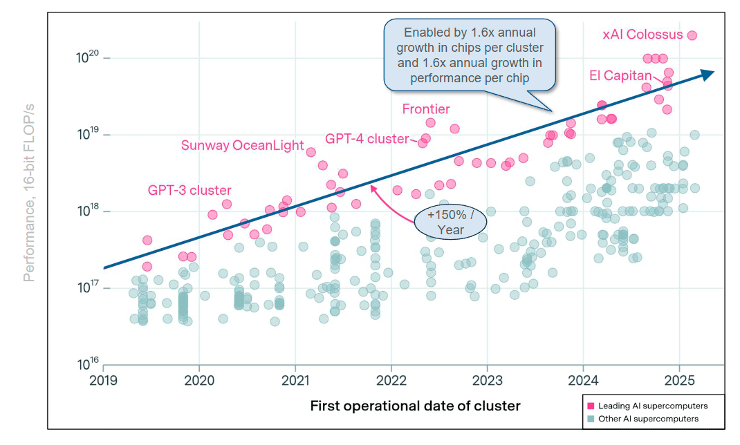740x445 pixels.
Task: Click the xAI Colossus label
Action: (x=642, y=35)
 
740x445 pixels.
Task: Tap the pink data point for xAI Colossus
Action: (x=692, y=35)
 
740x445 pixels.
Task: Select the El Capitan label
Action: (x=620, y=75)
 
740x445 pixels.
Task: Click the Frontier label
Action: (x=426, y=109)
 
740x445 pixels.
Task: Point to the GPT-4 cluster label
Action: (x=367, y=138)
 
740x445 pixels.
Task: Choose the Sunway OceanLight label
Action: (x=242, y=145)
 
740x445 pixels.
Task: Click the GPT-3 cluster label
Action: (x=189, y=190)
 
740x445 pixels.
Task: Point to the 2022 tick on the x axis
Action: (x=391, y=379)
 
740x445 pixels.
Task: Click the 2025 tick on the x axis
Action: (x=678, y=379)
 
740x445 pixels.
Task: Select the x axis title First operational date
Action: (x=415, y=406)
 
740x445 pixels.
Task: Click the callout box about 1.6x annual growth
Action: (x=470, y=55)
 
